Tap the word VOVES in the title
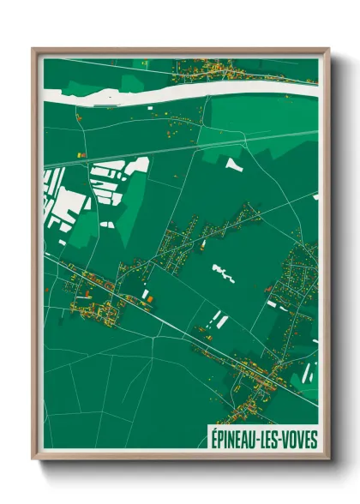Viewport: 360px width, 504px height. (299, 439)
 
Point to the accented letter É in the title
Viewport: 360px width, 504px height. (213, 439)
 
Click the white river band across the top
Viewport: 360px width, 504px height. (171, 89)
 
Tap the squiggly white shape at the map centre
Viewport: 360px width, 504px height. (222, 273)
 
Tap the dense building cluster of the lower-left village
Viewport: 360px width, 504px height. (94, 304)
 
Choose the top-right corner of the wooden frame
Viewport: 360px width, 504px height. (327, 50)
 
